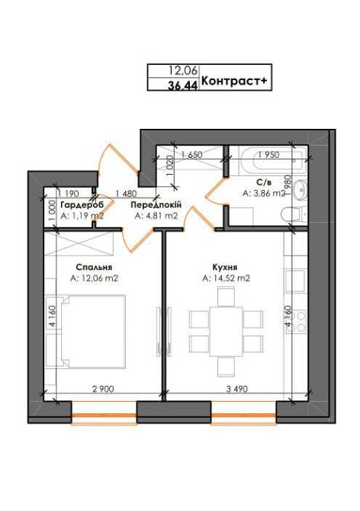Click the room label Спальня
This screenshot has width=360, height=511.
(94, 268)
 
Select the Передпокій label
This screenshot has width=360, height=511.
(155, 205)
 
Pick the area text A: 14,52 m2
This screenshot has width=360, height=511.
(226, 279)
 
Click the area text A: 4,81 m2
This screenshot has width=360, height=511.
(156, 216)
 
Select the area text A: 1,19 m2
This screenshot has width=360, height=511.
(76, 216)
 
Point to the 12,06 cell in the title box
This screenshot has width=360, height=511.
(183, 70)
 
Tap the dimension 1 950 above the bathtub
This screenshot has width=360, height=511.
(270, 155)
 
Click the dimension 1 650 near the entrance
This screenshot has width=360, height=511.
(191, 155)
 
